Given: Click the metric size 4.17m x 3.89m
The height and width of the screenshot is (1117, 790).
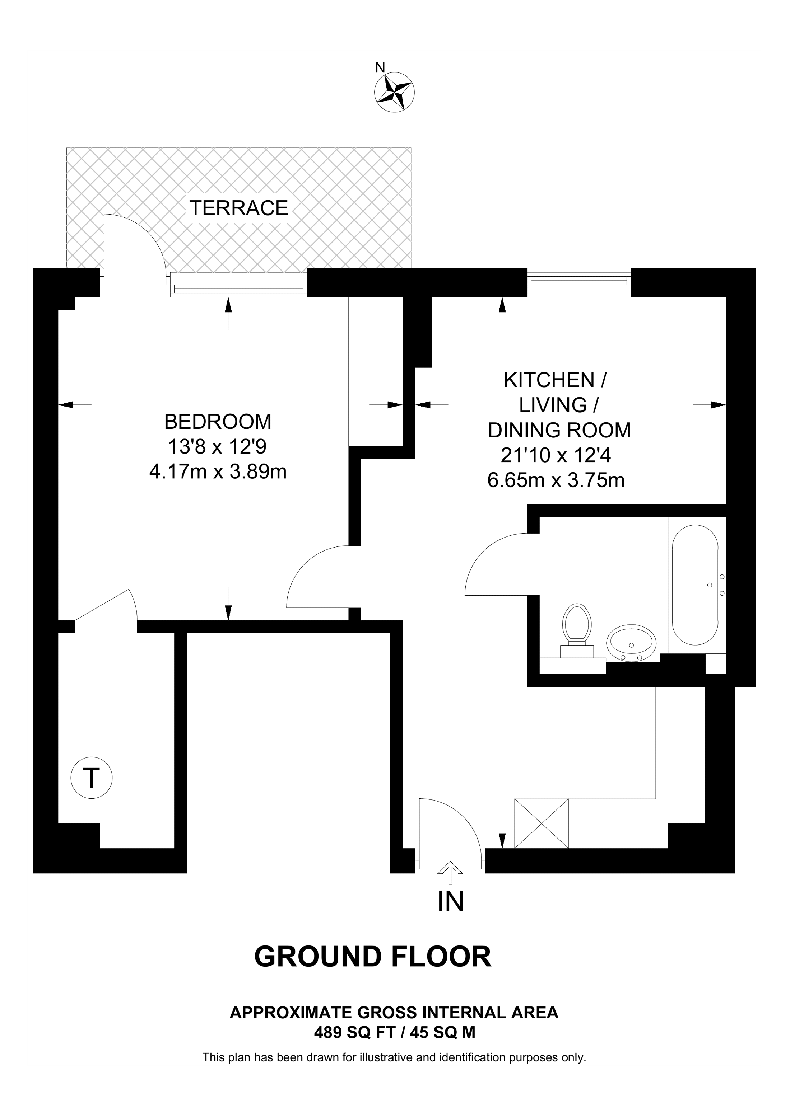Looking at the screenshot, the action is coord(218,471).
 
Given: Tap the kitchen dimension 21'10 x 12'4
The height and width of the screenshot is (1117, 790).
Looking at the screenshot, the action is coord(556,455).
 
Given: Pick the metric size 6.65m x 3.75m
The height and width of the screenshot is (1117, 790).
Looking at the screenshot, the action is coord(556,481).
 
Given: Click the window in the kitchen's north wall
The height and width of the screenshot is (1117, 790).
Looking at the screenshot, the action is coord(579,282).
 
